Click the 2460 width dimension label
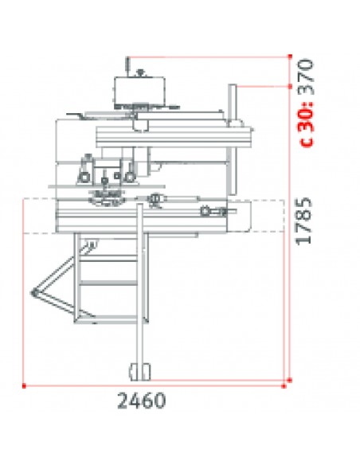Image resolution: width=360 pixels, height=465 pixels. pyautogui.click(x=142, y=401)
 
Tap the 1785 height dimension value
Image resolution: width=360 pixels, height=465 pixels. pyautogui.click(x=304, y=221)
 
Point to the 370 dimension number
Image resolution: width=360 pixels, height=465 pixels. pyautogui.click(x=305, y=76)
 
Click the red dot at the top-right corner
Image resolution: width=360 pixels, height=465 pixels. pyautogui.click(x=290, y=56)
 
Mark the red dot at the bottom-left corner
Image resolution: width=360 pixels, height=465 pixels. pyautogui.click(x=24, y=386)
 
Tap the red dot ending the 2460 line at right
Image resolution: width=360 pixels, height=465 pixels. pyautogui.click(x=284, y=386)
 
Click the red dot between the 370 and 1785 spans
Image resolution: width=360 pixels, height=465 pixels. pyautogui.click(x=290, y=86)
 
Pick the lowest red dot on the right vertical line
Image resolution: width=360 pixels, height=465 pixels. pyautogui.click(x=290, y=380)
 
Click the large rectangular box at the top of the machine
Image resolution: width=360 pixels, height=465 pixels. pyautogui.click(x=139, y=91)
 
